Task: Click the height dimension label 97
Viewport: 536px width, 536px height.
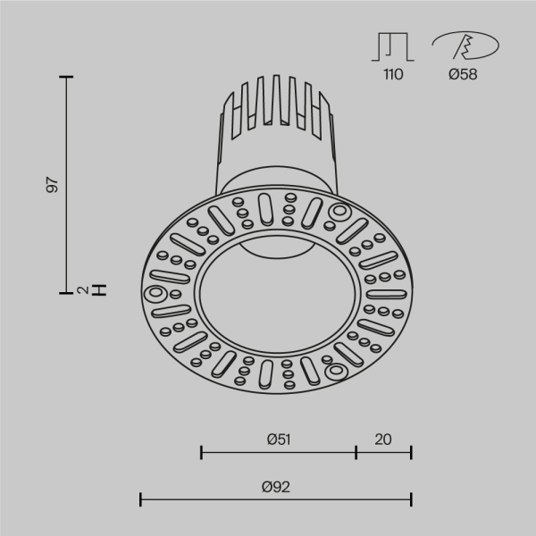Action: (53, 186)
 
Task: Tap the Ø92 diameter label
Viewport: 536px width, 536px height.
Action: (277, 487)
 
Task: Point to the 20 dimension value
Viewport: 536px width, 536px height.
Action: (384, 440)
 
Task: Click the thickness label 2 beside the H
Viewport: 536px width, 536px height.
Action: (81, 290)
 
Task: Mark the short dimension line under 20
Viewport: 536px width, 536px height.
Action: (384, 453)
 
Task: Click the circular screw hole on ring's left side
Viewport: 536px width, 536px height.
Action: (155, 293)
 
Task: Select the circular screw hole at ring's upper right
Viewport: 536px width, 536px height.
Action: (339, 212)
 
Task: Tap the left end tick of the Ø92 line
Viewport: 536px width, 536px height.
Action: (141, 498)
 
